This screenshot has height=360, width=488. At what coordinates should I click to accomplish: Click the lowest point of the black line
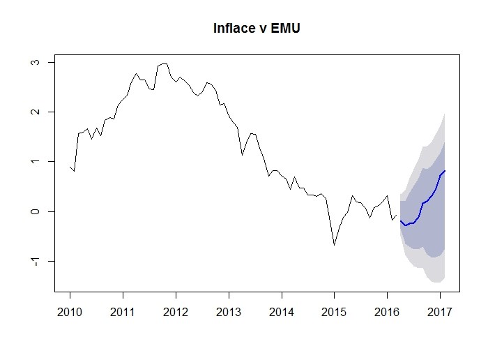tap(334, 245)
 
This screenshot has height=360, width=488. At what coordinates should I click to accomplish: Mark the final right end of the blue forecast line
tap(445, 171)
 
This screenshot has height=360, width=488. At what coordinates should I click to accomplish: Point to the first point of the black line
tap(70, 167)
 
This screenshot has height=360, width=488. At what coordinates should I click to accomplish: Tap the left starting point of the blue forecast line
tap(400, 220)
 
